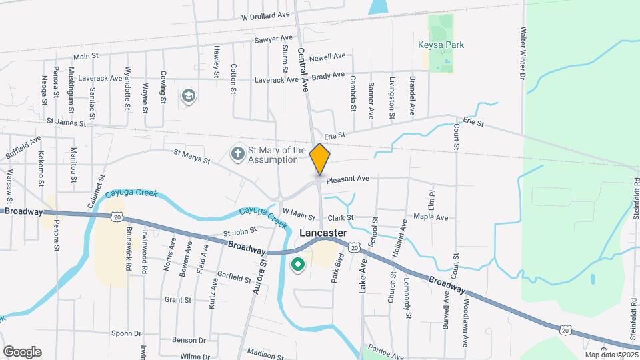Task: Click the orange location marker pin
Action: [320, 159]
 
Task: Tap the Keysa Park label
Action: [441, 45]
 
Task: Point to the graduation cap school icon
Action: [189, 96]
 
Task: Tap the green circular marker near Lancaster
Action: [299, 266]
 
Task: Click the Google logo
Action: [22, 351]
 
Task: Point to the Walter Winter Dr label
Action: [523, 52]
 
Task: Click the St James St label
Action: [67, 123]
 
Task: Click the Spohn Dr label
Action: [126, 333]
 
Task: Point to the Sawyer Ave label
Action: [273, 39]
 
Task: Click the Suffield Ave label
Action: [24, 145]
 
